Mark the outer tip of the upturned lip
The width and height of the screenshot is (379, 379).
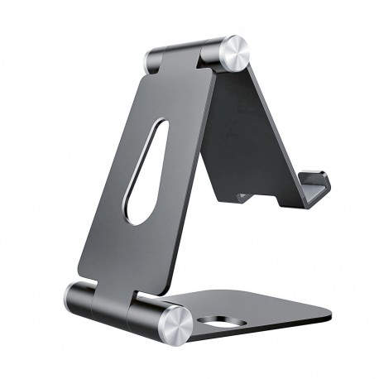pos(324,179)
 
